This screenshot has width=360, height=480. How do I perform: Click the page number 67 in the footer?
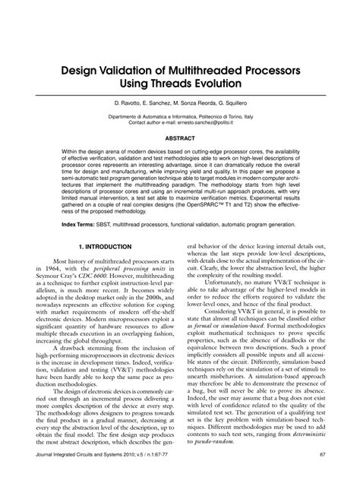[x=323, y=454]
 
